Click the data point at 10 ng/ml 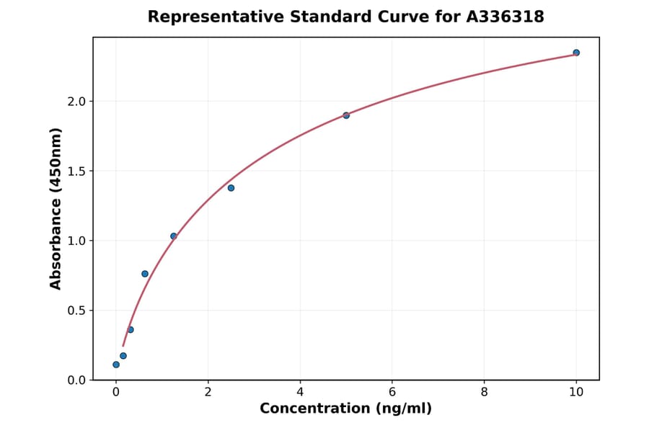click(576, 53)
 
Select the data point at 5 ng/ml click(346, 115)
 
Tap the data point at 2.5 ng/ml click(231, 188)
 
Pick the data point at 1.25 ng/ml click(174, 236)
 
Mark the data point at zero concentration click(116, 365)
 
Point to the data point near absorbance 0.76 click(145, 274)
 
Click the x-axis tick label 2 click(208, 393)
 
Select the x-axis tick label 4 click(300, 393)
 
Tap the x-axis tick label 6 click(392, 393)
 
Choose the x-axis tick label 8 click(484, 393)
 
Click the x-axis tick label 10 click(576, 393)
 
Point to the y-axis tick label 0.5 click(76, 311)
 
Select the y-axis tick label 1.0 click(76, 241)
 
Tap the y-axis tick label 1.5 click(76, 171)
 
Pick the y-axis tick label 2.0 click(76, 102)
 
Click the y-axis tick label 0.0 click(76, 380)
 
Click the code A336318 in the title click(505, 17)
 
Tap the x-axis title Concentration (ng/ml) click(345, 409)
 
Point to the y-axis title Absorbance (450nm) click(56, 209)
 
